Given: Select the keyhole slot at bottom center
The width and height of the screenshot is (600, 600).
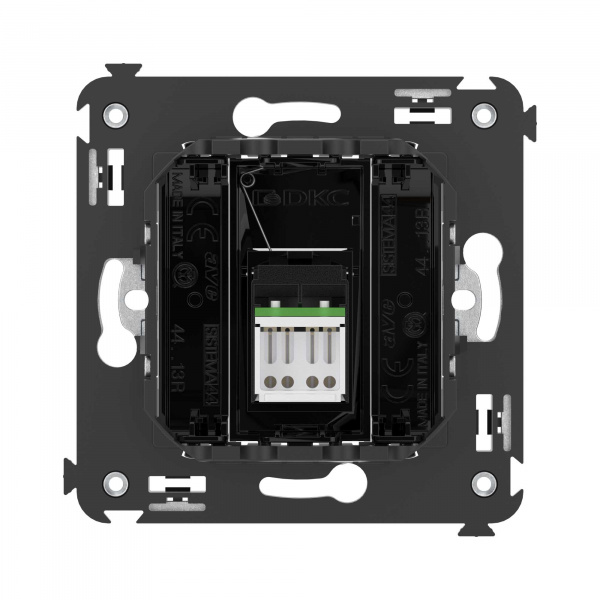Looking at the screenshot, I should pos(300,486).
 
